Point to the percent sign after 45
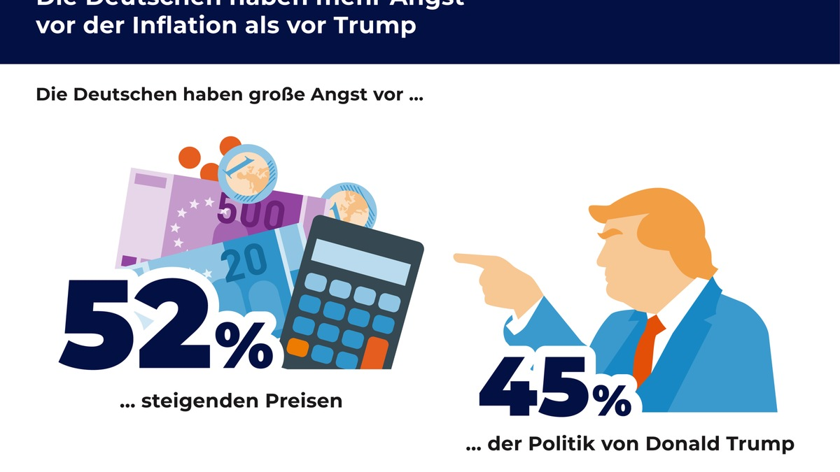(611, 400)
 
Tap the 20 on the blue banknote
(244, 261)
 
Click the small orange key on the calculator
(297, 347)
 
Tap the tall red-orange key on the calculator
(376, 353)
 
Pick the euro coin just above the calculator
(348, 205)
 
